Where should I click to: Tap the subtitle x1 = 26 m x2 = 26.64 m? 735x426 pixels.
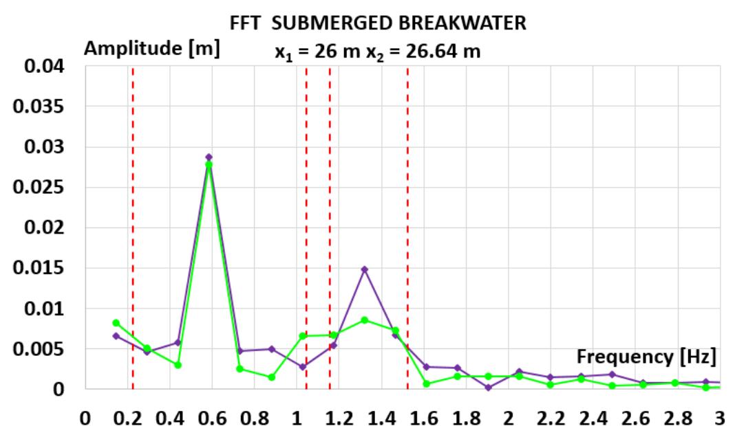pyautogui.click(x=372, y=52)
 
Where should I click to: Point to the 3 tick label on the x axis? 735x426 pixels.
pyautogui.click(x=720, y=418)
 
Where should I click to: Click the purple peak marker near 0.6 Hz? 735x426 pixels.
pyautogui.click(x=209, y=157)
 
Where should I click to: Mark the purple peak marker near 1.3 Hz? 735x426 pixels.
pyautogui.click(x=365, y=269)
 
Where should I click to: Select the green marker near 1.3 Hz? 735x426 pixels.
pyautogui.click(x=365, y=320)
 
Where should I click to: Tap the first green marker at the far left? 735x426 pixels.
pyautogui.click(x=116, y=323)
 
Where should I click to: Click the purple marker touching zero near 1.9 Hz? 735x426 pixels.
pyautogui.click(x=488, y=388)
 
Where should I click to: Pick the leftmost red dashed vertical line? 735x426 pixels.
pyautogui.click(x=133, y=227)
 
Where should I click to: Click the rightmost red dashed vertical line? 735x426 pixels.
pyautogui.click(x=407, y=227)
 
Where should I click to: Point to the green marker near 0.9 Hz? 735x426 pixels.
pyautogui.click(x=272, y=377)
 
